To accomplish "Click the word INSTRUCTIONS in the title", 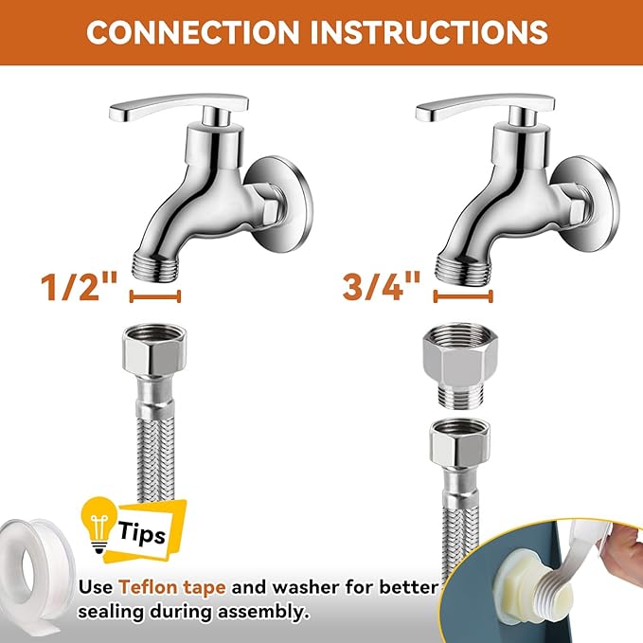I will tap(434, 32).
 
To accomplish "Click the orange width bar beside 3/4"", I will tap(464, 297).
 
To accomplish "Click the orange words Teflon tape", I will tap(180, 587).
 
